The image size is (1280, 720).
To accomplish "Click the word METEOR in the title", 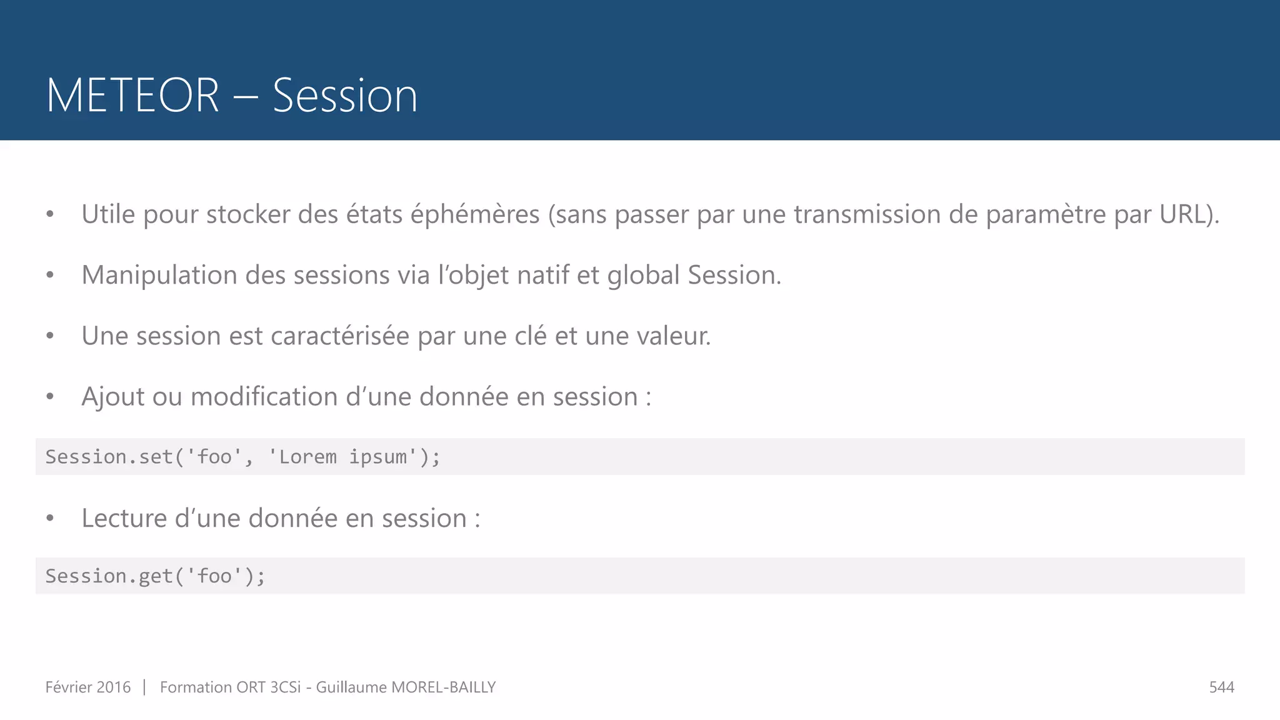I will click(x=132, y=96).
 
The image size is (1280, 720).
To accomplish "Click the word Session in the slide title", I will click(x=344, y=96).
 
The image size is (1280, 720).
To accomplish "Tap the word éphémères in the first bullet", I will click(x=474, y=214).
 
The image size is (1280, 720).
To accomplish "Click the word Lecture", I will click(x=124, y=518).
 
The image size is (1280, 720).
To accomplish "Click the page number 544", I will click(x=1221, y=687).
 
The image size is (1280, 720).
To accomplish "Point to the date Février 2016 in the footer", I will click(x=88, y=687).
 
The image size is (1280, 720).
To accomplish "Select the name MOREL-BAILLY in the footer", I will click(x=443, y=687).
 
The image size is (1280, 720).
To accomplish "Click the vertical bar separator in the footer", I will click(x=144, y=687).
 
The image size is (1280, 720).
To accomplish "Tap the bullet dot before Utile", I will click(x=50, y=215).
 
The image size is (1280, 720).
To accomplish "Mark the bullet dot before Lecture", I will click(x=50, y=519).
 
